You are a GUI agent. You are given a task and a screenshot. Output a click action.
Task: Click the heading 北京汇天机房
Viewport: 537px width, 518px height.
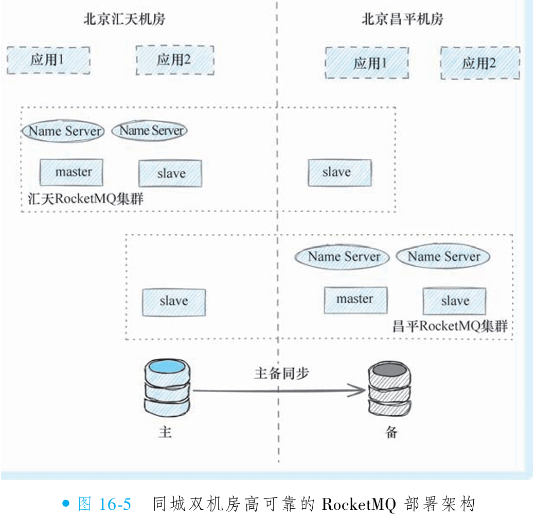point(124,20)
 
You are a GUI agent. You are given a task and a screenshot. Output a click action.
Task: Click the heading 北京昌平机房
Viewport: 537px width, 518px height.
point(402,20)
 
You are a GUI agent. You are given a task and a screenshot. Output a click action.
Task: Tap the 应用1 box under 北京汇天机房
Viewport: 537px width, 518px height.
point(48,60)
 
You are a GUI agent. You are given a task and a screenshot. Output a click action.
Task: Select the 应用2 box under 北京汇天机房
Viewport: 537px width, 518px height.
point(174,60)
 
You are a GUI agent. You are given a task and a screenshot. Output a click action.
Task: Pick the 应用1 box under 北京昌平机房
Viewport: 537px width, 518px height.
point(367,63)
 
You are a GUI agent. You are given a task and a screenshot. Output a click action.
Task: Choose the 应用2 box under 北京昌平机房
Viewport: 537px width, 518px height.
point(479,63)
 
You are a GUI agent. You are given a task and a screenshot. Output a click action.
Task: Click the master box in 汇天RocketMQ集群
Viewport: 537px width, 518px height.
point(71,173)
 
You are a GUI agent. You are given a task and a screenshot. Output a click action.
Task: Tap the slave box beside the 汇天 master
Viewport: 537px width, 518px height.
point(170,173)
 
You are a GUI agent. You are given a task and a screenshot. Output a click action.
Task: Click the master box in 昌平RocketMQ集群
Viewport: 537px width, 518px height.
point(355,300)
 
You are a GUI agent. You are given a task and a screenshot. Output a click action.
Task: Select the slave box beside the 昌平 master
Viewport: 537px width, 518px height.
point(454,301)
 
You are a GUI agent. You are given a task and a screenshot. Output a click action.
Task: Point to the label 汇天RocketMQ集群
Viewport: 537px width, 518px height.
point(85,199)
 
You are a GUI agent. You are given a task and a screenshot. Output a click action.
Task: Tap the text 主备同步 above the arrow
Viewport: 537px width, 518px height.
point(281,374)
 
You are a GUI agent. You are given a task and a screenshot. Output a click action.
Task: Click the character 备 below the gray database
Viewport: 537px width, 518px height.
point(391,432)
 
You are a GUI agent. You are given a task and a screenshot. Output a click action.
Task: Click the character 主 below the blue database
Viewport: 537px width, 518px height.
point(165,432)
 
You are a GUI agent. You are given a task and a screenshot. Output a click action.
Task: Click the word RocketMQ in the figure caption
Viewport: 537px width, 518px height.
point(359,504)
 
